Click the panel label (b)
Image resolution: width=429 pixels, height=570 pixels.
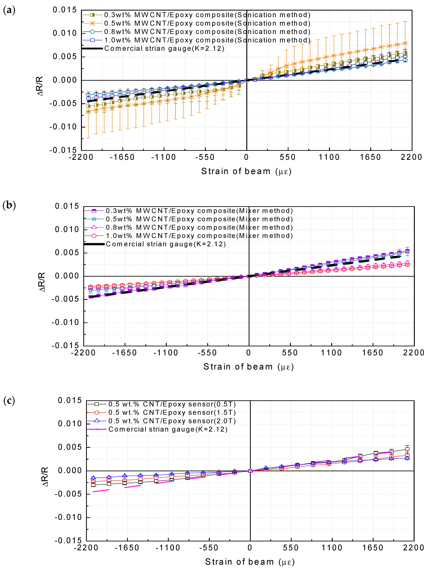(x=9, y=205)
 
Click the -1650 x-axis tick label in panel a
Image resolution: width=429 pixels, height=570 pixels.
(x=122, y=157)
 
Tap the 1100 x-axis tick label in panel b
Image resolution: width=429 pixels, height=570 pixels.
(x=331, y=353)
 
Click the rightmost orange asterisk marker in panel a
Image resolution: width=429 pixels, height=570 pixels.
(x=405, y=43)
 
